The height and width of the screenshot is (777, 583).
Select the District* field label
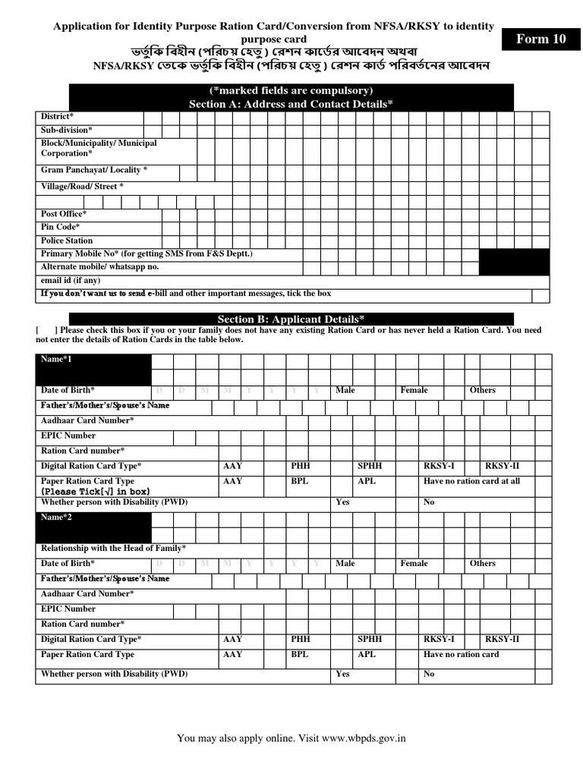[x=57, y=117]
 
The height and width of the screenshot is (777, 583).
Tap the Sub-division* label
[x=67, y=131]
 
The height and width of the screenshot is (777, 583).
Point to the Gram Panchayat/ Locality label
[x=94, y=170]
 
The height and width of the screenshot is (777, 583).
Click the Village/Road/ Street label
[x=82, y=186]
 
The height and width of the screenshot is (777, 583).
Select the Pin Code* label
[x=60, y=227]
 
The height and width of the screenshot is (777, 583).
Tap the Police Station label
[x=67, y=241]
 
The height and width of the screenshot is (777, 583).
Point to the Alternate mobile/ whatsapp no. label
[x=99, y=267]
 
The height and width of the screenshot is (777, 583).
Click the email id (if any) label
[x=71, y=280]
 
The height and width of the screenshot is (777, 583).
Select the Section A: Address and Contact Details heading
[x=291, y=104]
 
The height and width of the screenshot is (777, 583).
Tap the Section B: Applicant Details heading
[x=291, y=319]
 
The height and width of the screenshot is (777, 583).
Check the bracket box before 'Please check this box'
[x=46, y=331]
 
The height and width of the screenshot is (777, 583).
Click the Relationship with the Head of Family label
[x=113, y=548]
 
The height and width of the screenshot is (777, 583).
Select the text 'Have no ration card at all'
[x=471, y=481]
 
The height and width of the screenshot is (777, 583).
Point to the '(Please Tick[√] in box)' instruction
[x=96, y=492]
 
